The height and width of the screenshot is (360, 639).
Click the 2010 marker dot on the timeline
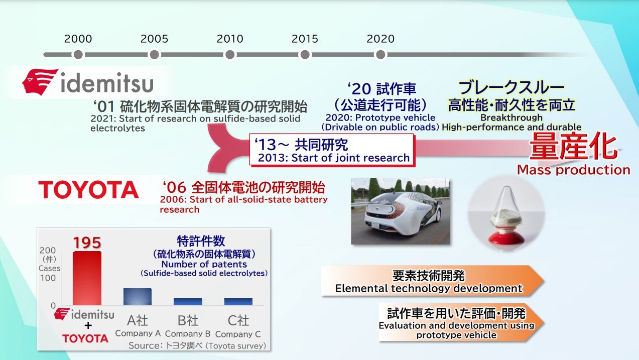pos(230,55)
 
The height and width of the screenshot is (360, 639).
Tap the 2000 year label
pos(78,39)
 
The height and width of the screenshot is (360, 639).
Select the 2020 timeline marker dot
pos(380,55)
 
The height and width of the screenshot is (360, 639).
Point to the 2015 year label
pos(305,39)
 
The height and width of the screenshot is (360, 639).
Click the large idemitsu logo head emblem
pos(40,81)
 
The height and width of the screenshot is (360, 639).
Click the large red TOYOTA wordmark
pos(88,190)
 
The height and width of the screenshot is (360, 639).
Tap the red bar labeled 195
pos(87,278)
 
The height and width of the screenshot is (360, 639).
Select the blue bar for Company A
pos(138,297)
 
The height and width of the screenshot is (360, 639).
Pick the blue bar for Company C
pos(238,302)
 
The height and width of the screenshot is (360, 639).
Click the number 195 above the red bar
pos(87,243)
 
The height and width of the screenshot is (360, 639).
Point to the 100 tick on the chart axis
pos(48,278)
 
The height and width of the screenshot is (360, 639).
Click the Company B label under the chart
pos(188,333)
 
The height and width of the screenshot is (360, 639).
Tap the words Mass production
pos(573,170)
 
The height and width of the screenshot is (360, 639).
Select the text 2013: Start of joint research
pos(334,158)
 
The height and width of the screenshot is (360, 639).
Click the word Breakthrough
pos(512,117)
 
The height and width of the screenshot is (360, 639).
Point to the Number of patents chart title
pos(204,264)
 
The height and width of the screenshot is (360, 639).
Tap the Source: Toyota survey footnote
pos(197,346)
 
